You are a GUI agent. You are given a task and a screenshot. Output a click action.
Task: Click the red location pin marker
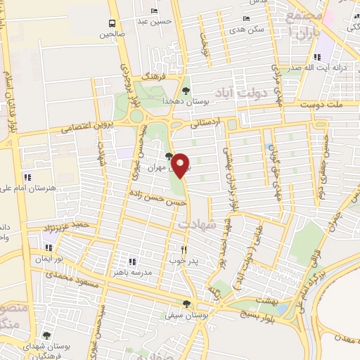click(x=181, y=165)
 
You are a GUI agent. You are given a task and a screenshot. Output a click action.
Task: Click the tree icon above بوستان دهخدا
click(x=186, y=90)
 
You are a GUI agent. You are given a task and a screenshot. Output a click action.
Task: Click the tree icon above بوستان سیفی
click(x=186, y=304)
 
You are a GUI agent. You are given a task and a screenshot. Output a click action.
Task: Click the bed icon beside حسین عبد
click(x=154, y=11)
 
